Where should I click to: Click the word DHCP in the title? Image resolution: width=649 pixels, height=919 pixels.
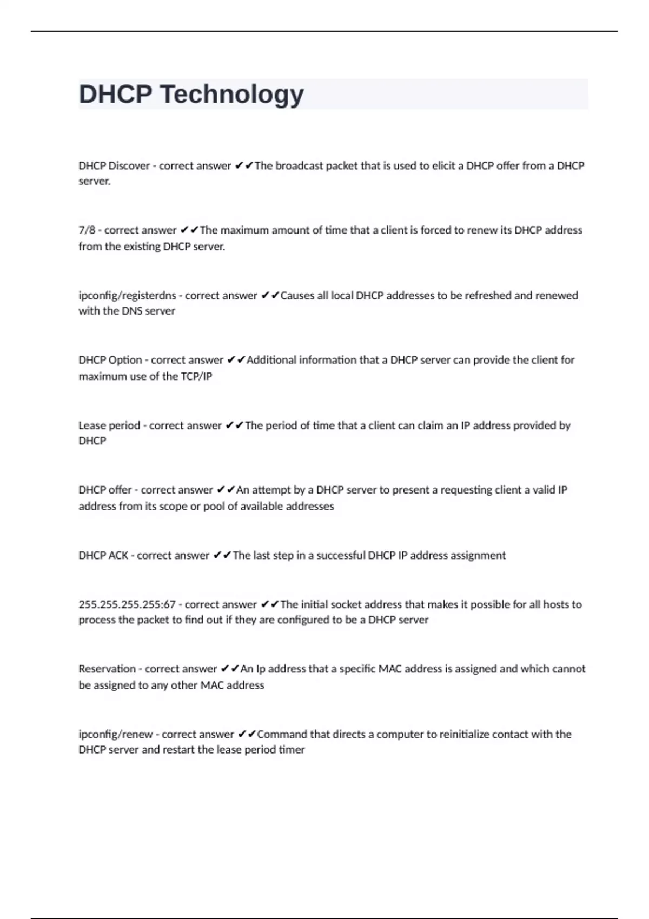(115, 94)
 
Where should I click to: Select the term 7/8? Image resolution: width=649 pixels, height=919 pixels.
(87, 230)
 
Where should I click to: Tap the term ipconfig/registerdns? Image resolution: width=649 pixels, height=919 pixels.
(127, 296)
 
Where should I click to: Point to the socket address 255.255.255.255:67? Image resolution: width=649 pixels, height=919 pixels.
(127, 604)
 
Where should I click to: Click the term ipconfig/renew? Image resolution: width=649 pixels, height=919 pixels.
(116, 734)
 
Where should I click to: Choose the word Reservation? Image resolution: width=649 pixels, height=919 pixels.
(107, 669)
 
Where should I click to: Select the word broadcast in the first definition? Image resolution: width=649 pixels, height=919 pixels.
(299, 166)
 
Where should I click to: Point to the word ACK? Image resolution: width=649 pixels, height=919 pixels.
(118, 555)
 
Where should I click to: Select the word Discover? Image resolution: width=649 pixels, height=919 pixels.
(129, 166)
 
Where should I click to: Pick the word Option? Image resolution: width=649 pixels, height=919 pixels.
(125, 360)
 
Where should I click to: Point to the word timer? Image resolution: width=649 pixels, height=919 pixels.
(292, 750)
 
